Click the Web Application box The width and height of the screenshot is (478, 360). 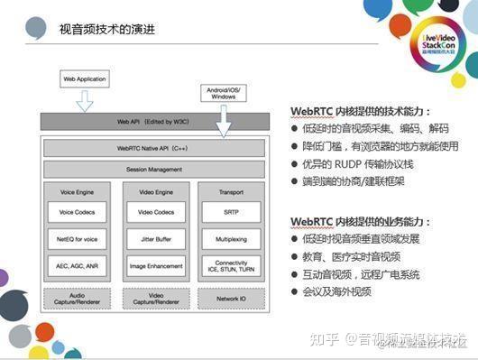click(x=83, y=78)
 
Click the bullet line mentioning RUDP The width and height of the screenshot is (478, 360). click(x=355, y=164)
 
